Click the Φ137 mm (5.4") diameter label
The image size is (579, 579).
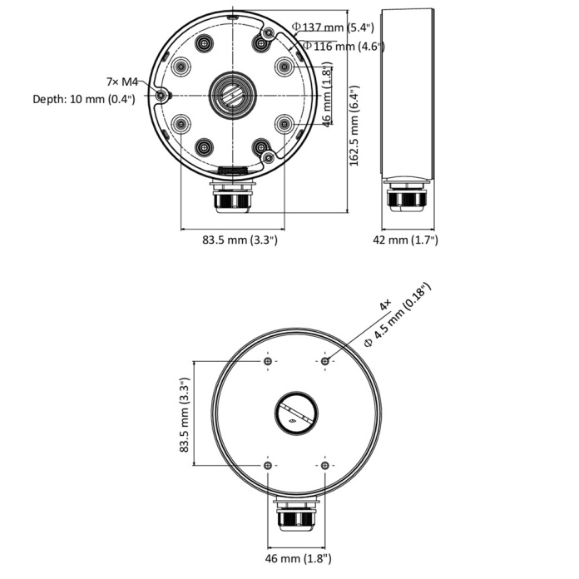(x=333, y=27)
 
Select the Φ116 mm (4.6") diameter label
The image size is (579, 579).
(x=344, y=46)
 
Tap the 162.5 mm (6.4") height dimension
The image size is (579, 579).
(x=354, y=126)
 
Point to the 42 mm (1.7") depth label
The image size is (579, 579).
(x=405, y=240)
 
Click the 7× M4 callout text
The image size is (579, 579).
(x=121, y=82)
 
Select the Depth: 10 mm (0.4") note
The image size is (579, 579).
(x=84, y=99)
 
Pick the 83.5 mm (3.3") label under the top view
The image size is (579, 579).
(x=240, y=240)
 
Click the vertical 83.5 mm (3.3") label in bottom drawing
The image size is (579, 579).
(x=184, y=414)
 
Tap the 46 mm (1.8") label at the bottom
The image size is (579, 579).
(x=298, y=558)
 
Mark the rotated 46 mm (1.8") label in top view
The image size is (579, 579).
(x=326, y=95)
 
